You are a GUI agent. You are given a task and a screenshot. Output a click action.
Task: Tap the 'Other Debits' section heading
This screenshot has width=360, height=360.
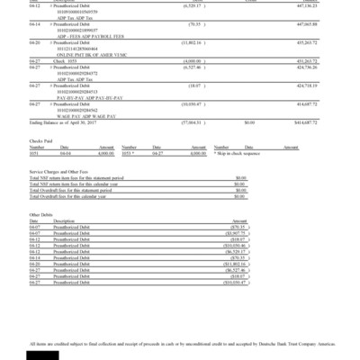pos(41,214)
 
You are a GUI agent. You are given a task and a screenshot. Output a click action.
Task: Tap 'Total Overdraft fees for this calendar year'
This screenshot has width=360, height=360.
pos(74,194)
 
